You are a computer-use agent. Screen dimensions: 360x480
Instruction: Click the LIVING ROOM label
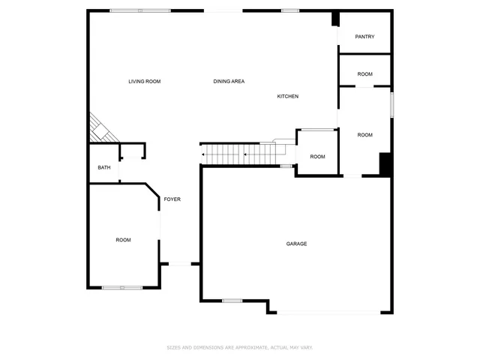pyautogui.click(x=144, y=81)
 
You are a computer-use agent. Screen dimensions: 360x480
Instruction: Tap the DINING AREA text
pyautogui.click(x=229, y=81)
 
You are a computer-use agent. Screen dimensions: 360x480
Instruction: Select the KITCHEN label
pyautogui.click(x=288, y=96)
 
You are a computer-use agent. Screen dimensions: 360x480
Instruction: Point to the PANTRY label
pyautogui.click(x=364, y=37)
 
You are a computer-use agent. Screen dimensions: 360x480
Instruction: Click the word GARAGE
pyautogui.click(x=296, y=244)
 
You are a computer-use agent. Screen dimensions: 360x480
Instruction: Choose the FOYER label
pyautogui.click(x=172, y=199)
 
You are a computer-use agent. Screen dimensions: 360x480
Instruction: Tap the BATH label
pyautogui.click(x=104, y=167)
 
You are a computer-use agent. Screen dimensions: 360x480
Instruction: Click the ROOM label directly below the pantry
pyautogui.click(x=364, y=74)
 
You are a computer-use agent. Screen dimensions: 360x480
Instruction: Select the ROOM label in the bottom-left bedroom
pyautogui.click(x=123, y=240)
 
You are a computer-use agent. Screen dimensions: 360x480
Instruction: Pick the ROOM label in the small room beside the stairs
pyautogui.click(x=317, y=157)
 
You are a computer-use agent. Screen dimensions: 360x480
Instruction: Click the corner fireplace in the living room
pyautogui.click(x=100, y=129)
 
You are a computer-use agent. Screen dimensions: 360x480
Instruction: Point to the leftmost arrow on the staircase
pyautogui.click(x=202, y=156)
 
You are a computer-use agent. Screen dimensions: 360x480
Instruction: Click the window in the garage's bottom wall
pyautogui.click(x=232, y=301)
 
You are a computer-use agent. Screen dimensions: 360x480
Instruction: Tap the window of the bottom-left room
pyautogui.click(x=121, y=287)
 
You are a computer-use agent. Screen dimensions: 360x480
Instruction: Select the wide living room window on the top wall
pyautogui.click(x=139, y=10)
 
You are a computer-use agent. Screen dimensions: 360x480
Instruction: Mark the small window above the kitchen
pyautogui.click(x=290, y=10)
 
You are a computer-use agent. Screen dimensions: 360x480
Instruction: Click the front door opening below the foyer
pyautogui.click(x=180, y=263)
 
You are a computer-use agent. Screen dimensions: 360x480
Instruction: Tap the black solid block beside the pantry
pyautogui.click(x=336, y=19)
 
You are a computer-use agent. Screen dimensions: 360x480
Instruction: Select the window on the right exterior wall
pyautogui.click(x=391, y=103)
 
